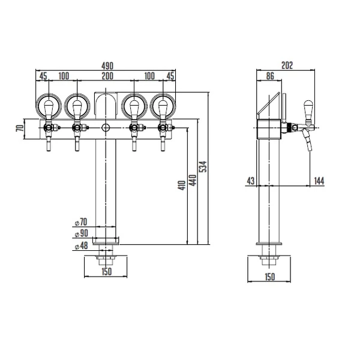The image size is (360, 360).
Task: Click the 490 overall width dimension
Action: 107,66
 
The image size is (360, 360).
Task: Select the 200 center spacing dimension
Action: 107,76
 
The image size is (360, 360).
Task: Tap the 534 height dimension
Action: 203,167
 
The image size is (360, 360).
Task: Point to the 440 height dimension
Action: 193,181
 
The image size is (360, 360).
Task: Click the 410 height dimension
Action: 182,185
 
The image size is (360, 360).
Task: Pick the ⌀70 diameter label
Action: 81,222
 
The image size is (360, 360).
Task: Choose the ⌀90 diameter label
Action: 81,233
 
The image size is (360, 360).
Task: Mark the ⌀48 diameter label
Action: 81,245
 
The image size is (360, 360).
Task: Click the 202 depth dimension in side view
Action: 287,65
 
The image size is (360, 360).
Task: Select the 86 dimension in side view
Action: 270,76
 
